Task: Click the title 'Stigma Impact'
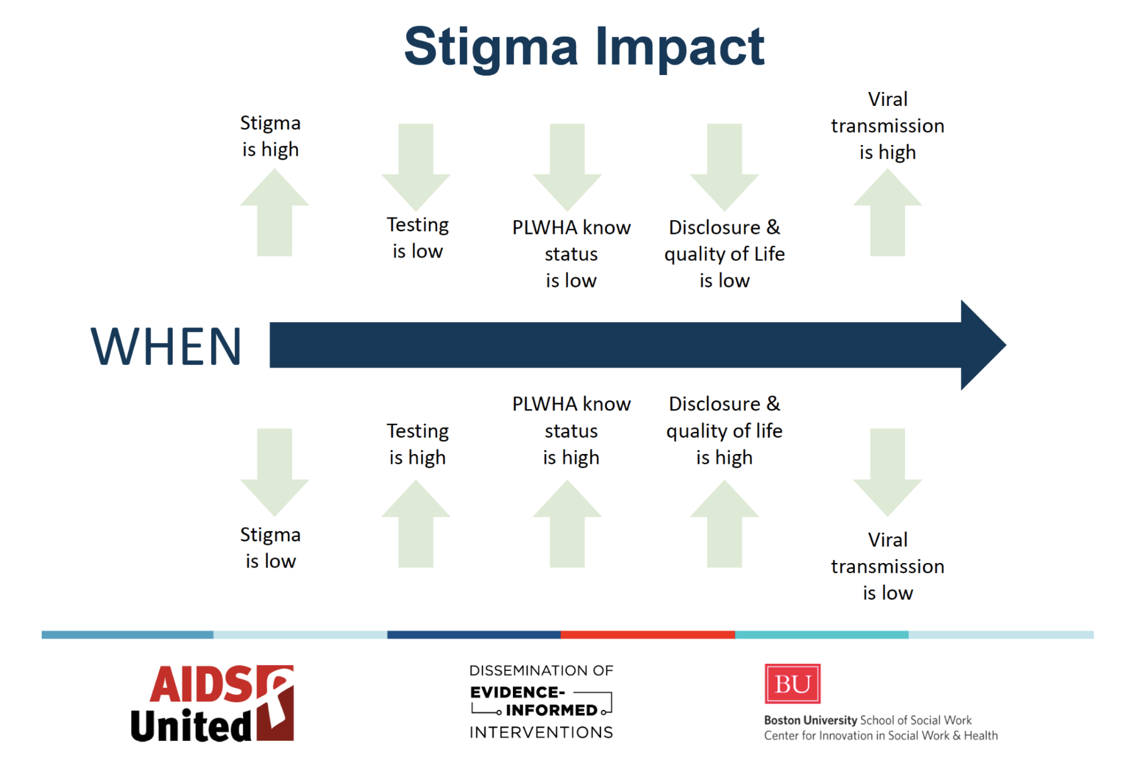(x=584, y=47)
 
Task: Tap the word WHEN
(x=166, y=346)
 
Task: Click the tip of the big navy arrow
(x=1006, y=345)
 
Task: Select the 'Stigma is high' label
(x=270, y=136)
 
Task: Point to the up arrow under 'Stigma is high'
(x=274, y=212)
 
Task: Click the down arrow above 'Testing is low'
(x=416, y=167)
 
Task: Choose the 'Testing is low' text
(x=418, y=238)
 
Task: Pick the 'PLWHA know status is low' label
(x=571, y=253)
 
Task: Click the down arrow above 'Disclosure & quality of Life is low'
(x=724, y=167)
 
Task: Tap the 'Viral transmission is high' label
(x=887, y=125)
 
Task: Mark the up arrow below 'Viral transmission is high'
(x=887, y=212)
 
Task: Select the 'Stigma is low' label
(x=270, y=547)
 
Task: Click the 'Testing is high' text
(x=418, y=444)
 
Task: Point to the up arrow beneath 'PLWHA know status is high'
(x=567, y=523)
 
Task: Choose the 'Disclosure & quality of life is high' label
(x=724, y=431)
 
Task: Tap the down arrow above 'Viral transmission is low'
(x=887, y=472)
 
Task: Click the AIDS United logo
(x=212, y=703)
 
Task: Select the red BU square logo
(x=792, y=683)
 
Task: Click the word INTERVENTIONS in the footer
(x=541, y=732)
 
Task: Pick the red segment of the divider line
(x=648, y=635)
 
